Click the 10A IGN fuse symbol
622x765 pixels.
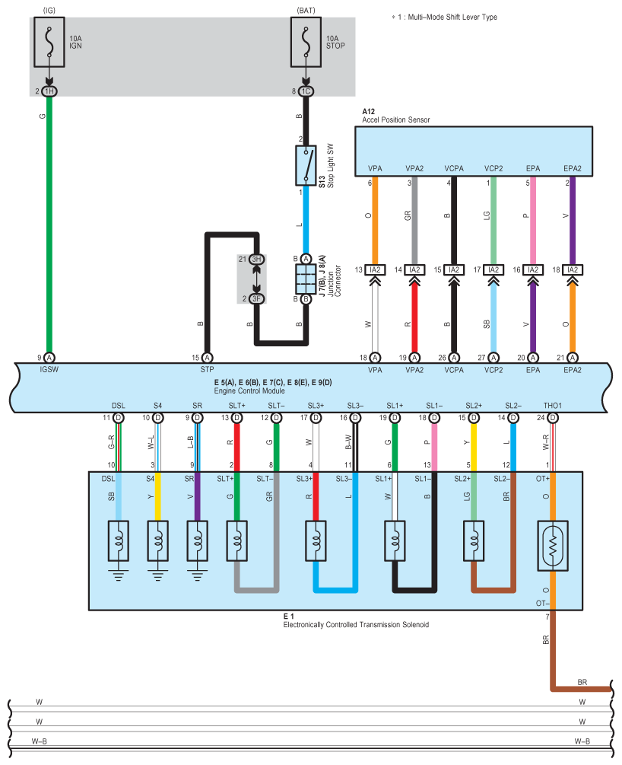(49, 42)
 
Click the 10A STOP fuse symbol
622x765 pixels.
(306, 42)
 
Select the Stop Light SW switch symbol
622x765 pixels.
(306, 166)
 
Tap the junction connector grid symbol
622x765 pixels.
(306, 279)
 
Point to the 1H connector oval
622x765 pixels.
(49, 91)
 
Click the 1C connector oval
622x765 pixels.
(306, 91)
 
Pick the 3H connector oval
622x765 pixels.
(257, 259)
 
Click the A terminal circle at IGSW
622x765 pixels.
(49, 358)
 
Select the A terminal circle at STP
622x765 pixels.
(207, 358)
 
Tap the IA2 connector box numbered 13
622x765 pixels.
(375, 269)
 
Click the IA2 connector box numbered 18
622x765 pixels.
(573, 269)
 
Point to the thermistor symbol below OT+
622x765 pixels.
(553, 546)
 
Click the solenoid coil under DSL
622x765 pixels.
(118, 541)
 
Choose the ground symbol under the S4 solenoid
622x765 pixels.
(158, 575)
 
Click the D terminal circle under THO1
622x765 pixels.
(553, 418)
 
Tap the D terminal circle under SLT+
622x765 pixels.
(237, 418)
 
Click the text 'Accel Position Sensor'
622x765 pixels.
(396, 120)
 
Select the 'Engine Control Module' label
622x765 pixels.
(249, 390)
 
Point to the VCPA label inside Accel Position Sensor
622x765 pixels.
(454, 169)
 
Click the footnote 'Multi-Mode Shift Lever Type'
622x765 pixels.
(452, 17)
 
